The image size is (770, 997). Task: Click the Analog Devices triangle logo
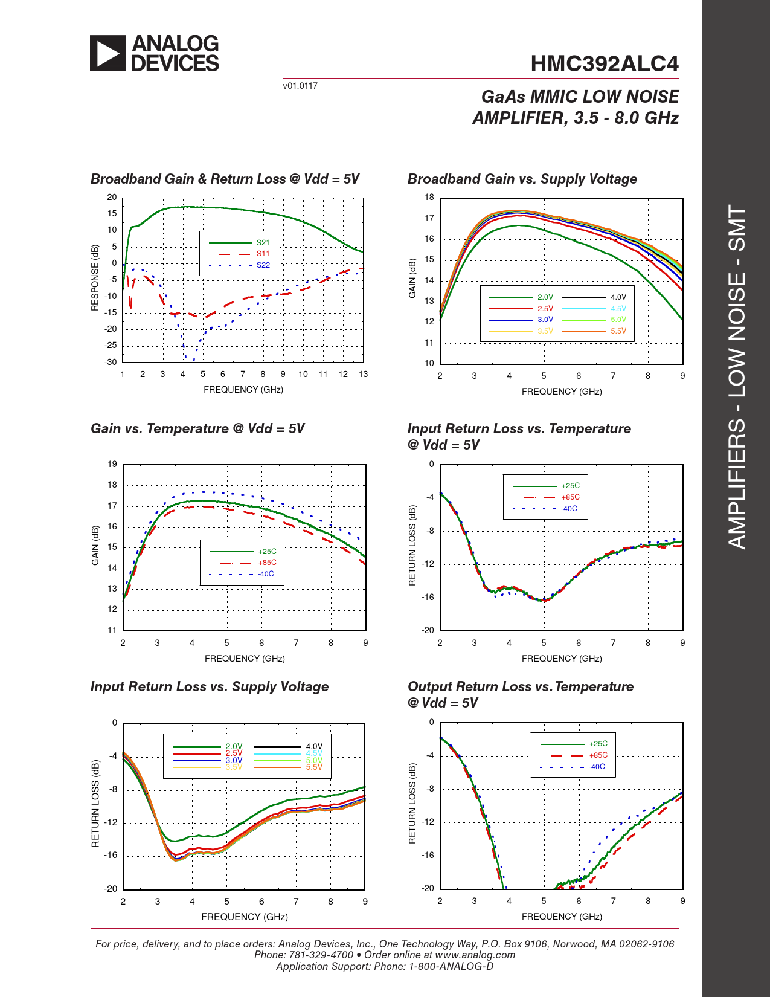coord(108,53)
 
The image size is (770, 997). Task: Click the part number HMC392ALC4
coord(605,64)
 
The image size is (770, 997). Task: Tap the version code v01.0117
coord(300,86)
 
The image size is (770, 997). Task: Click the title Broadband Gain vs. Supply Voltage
coord(522,179)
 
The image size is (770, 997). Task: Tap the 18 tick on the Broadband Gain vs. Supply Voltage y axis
coord(429,197)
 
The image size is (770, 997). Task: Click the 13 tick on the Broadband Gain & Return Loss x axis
coord(363,374)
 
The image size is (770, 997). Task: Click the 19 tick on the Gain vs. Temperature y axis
coord(112,464)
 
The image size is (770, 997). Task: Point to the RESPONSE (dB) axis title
coord(95,278)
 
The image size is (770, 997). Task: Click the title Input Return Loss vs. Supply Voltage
coord(210,686)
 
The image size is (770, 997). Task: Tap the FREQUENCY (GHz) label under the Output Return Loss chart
coord(562,917)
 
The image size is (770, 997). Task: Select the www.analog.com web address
coord(475,955)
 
